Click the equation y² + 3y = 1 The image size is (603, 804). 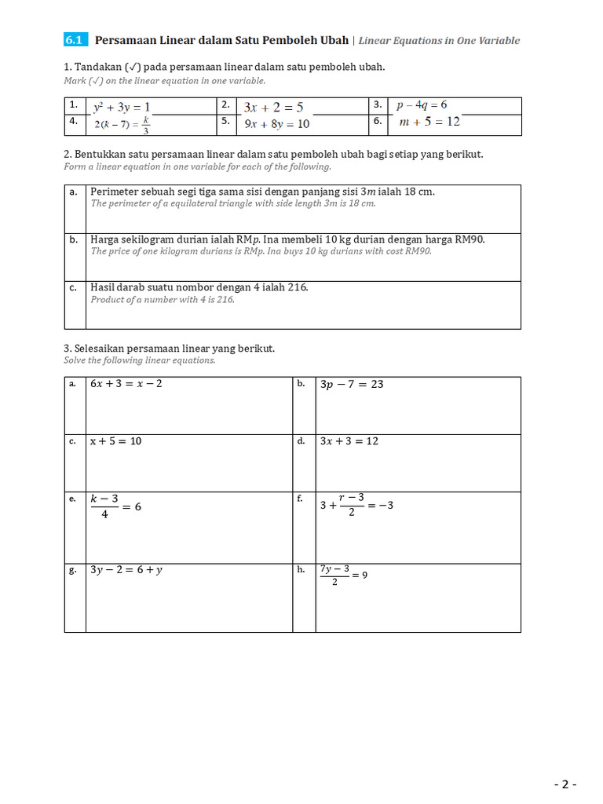(121, 107)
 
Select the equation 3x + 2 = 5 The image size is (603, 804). (273, 107)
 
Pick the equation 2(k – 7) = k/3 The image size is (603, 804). (122, 124)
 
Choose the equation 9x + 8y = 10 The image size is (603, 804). (276, 124)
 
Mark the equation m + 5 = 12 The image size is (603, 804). (429, 122)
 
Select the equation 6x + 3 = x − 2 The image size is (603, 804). (126, 384)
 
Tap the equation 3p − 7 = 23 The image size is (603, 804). (352, 385)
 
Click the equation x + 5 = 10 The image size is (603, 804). (115, 441)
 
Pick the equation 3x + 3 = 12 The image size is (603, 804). (349, 441)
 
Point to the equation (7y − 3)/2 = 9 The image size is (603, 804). (343, 575)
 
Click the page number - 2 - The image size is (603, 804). (565, 784)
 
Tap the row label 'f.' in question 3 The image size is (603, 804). (300, 499)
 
